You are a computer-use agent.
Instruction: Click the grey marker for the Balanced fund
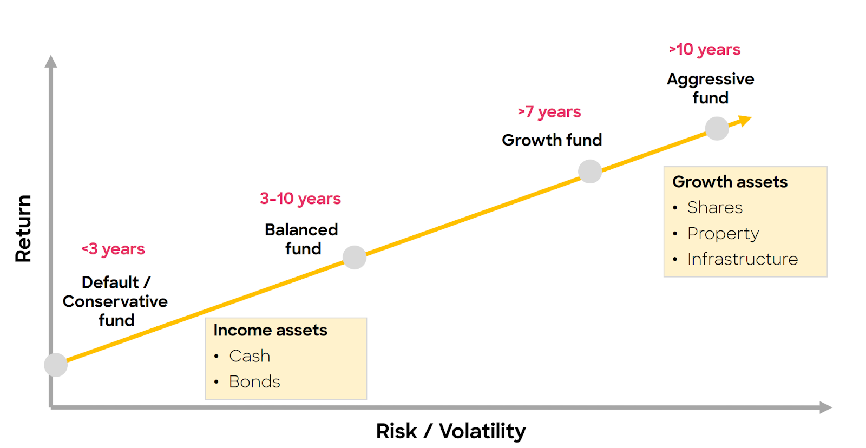click(x=354, y=258)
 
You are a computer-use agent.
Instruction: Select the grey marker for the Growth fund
click(x=590, y=171)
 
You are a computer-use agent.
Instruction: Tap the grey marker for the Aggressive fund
click(x=717, y=128)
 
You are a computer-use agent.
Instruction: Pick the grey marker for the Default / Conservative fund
click(x=56, y=365)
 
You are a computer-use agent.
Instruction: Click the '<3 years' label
click(x=113, y=249)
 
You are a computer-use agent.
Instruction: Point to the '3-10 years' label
click(x=300, y=199)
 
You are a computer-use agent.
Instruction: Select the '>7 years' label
click(x=549, y=111)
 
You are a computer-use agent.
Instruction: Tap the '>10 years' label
click(x=704, y=49)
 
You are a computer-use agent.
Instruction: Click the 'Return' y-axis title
click(x=23, y=228)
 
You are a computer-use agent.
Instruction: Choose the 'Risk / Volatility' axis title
click(x=451, y=431)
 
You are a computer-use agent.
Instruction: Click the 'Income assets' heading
click(x=270, y=330)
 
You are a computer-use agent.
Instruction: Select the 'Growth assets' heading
click(x=730, y=182)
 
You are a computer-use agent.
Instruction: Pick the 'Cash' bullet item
click(x=250, y=356)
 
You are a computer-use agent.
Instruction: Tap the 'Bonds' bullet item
click(x=254, y=382)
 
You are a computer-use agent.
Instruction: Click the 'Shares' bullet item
click(x=715, y=208)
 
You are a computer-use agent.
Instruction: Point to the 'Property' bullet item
click(x=723, y=234)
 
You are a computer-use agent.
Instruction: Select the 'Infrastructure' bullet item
click(x=743, y=259)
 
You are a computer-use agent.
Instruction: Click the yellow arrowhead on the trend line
click(x=745, y=121)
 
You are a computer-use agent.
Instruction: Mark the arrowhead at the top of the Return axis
click(x=51, y=61)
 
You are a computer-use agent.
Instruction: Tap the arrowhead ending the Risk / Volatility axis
click(x=826, y=407)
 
